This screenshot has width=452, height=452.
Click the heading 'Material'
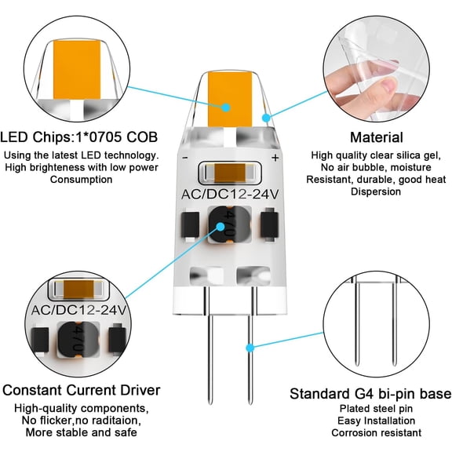click(x=377, y=137)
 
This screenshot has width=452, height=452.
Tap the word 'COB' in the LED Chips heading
click(x=142, y=137)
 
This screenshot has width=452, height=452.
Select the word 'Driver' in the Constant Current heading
click(x=140, y=390)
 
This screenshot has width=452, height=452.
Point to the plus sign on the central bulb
click(x=275, y=158)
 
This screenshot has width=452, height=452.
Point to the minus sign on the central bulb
click(x=185, y=158)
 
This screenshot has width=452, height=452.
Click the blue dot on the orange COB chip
click(x=226, y=108)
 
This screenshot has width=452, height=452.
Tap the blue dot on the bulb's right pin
click(x=250, y=348)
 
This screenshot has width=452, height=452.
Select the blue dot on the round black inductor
click(x=221, y=227)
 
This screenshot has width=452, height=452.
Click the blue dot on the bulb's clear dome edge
click(x=266, y=118)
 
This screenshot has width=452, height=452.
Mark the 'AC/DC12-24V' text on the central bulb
click(x=230, y=195)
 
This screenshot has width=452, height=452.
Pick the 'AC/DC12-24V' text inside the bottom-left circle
click(x=78, y=310)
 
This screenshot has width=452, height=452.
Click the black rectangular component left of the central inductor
click(x=190, y=225)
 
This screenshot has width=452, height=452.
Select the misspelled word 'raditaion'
click(x=118, y=421)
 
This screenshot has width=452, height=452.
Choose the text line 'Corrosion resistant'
click(x=376, y=432)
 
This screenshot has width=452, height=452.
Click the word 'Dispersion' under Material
click(x=376, y=191)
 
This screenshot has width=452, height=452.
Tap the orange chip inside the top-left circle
click(x=77, y=69)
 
